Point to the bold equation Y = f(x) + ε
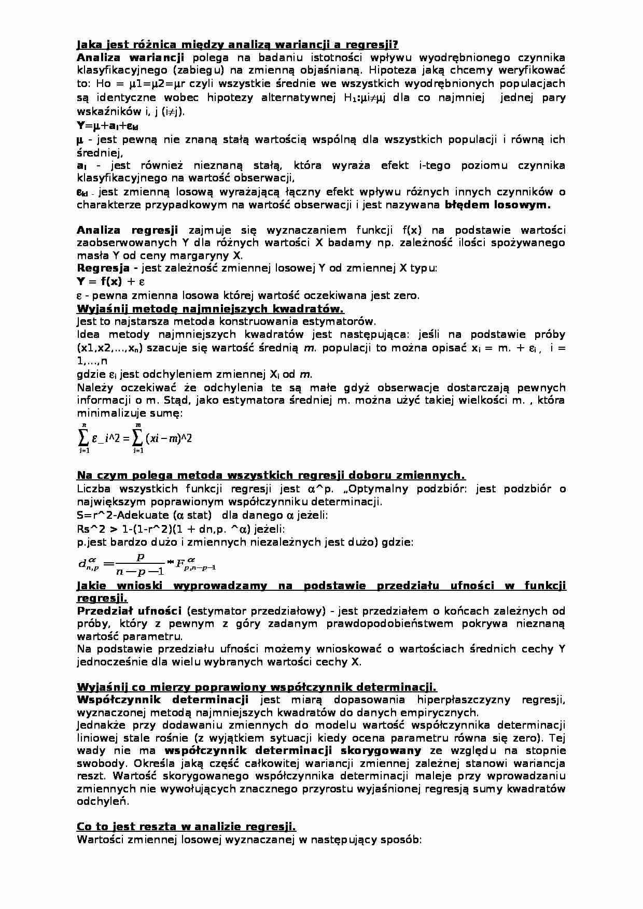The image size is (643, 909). tap(110, 281)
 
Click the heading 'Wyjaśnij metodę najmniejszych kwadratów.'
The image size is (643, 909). tap(210, 309)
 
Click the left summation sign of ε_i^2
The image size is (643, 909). tap(83, 438)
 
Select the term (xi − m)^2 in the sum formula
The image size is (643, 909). tap(169, 438)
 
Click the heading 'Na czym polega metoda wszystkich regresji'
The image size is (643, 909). tap(271, 476)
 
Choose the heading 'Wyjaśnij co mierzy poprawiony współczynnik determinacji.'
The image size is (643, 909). tap(257, 687)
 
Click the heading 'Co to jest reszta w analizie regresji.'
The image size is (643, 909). tap(186, 827)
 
